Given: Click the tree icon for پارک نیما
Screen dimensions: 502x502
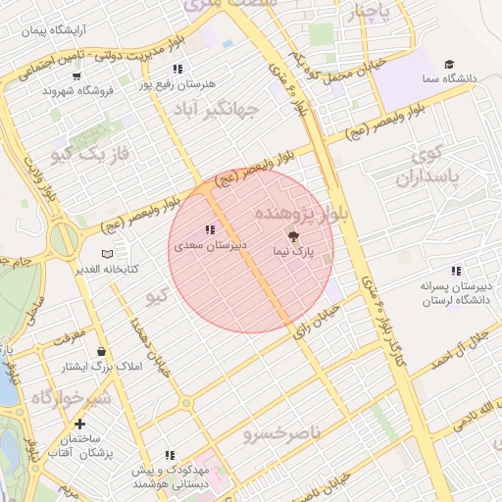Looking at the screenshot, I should (x=292, y=235).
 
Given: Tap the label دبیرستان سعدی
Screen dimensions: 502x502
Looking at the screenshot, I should (x=210, y=245).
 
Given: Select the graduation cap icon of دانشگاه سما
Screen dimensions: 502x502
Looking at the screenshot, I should (x=449, y=62).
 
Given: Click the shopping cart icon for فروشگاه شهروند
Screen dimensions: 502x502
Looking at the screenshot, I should (x=76, y=75).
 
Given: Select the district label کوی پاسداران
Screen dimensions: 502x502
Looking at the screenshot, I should (x=423, y=166).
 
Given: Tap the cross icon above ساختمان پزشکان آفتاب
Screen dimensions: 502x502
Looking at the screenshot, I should (x=79, y=425).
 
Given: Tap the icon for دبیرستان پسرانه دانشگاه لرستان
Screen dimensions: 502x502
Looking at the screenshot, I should (x=455, y=272).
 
